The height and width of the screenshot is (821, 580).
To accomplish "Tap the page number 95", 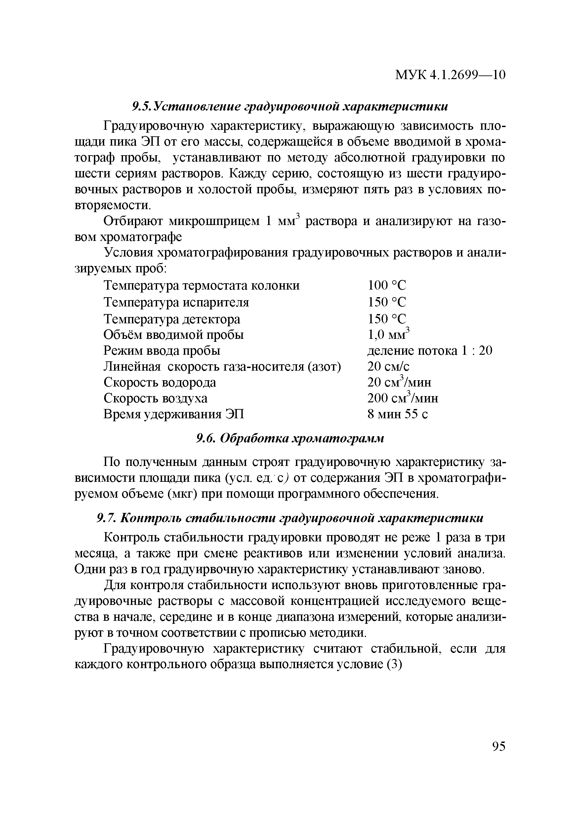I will click(499, 747).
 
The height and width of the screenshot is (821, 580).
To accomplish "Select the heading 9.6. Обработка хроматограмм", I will click(290, 438).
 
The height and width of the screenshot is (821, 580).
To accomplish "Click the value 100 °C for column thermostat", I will click(387, 286).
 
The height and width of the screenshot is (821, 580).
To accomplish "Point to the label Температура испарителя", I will click(177, 302).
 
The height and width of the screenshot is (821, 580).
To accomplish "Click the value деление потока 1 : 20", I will click(430, 351).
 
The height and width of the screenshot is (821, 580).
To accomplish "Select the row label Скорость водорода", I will click(160, 383).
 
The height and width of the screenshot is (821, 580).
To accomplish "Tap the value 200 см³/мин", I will click(403, 398).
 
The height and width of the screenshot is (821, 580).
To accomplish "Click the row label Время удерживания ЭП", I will click(174, 414).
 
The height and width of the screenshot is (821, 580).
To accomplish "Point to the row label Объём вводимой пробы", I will click(174, 335).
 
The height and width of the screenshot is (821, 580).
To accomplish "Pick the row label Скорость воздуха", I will click(155, 398).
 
